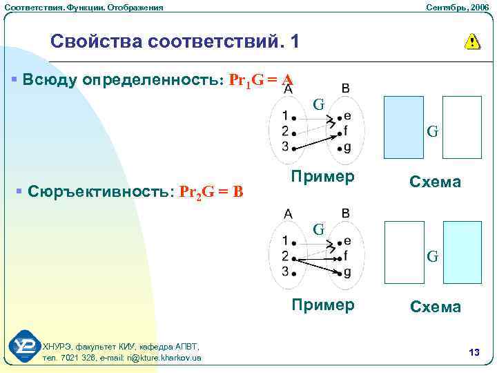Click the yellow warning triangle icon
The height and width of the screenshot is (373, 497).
click(472, 41)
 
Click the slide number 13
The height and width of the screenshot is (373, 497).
click(474, 353)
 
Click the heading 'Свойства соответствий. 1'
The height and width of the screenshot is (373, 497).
click(175, 41)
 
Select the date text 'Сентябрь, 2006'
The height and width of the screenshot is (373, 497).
click(456, 7)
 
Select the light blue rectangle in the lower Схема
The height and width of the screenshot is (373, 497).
click(462, 252)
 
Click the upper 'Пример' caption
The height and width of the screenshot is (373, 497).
click(323, 176)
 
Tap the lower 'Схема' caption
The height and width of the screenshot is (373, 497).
click(435, 307)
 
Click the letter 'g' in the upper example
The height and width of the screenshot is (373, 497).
click(347, 146)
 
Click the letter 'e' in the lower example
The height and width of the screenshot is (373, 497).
click(347, 240)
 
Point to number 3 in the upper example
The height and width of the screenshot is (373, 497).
click(285, 146)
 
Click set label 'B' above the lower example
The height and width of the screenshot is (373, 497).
click(345, 213)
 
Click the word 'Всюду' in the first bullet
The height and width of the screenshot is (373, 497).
click(50, 79)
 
